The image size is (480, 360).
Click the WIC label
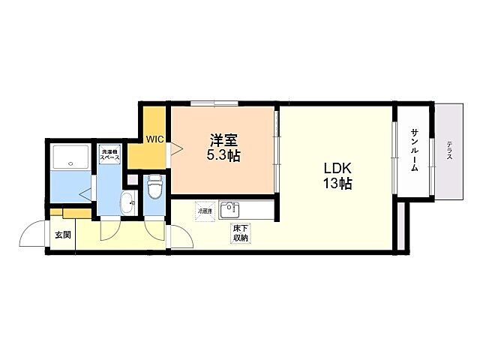coord(154,139)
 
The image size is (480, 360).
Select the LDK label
coord(337,167)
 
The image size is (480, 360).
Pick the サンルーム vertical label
coord(414,150)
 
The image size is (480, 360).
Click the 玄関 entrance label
coord(61,235)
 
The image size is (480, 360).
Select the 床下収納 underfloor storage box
coord(240,232)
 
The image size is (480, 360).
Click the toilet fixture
coord(155,185)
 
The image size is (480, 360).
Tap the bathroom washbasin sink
coord(127,201)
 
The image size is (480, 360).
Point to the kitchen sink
coord(228,210)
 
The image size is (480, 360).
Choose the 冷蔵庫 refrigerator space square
coord(205,211)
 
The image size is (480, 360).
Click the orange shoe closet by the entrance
coord(71,214)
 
